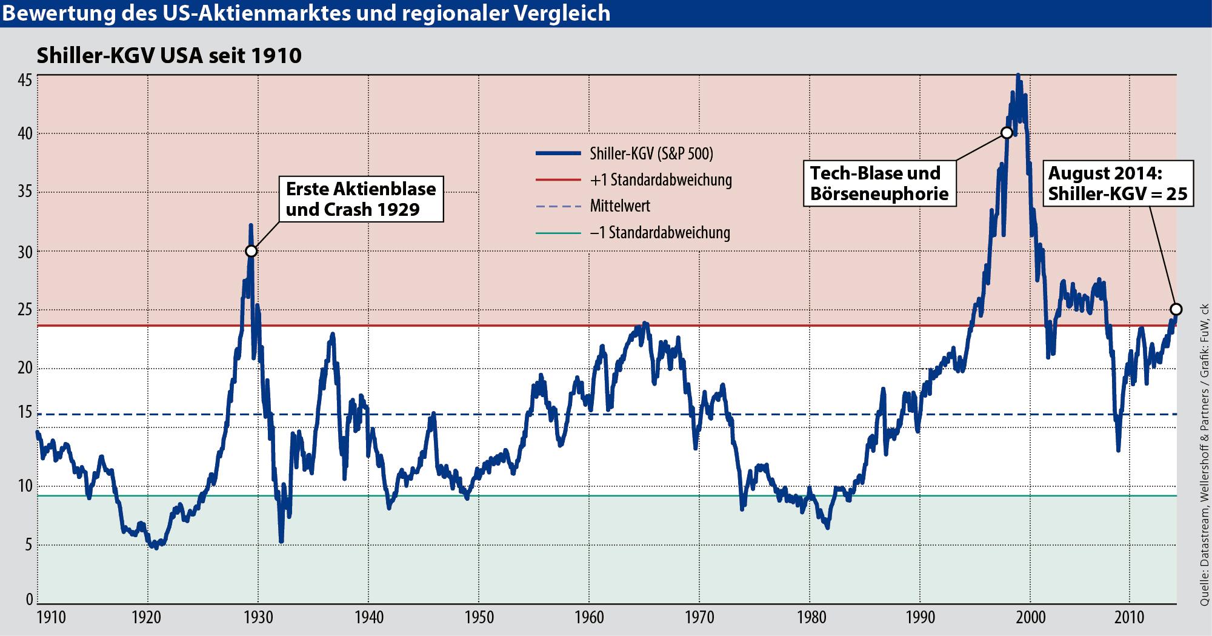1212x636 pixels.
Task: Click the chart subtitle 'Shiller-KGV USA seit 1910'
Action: (169, 56)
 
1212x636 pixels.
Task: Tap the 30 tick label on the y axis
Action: (25, 251)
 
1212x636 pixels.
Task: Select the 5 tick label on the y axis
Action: (28, 545)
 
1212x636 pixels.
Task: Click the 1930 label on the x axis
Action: (258, 618)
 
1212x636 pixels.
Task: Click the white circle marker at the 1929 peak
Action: (251, 251)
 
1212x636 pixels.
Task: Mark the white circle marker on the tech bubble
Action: (1007, 133)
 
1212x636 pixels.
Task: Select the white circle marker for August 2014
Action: (1176, 309)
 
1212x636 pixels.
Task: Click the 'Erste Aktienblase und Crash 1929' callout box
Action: (361, 199)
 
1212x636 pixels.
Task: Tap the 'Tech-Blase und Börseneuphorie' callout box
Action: (879, 183)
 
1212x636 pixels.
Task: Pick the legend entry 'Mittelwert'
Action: (620, 206)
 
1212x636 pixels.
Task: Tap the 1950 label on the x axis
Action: (478, 618)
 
